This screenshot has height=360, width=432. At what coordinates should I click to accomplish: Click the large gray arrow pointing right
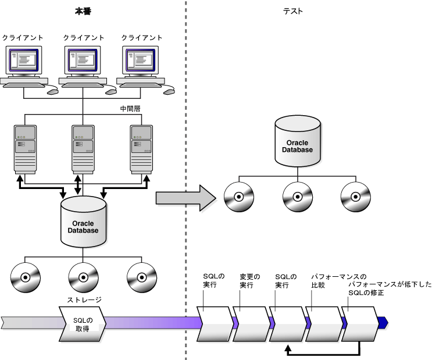click(185, 198)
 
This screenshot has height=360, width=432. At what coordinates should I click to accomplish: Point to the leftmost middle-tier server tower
click(26, 148)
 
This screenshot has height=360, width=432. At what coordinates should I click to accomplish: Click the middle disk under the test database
click(297, 197)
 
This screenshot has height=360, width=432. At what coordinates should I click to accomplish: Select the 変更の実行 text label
click(250, 281)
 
